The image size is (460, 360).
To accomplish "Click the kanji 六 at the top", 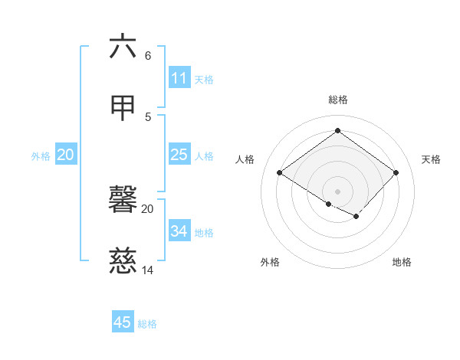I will (123, 47).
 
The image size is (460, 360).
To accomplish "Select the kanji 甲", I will (123, 108).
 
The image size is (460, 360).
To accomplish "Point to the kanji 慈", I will (123, 262).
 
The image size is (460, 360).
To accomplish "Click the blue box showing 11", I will (179, 78).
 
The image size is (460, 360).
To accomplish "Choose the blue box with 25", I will (179, 155).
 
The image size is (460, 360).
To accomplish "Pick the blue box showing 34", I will (179, 231).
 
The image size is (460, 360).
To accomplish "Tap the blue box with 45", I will (123, 322).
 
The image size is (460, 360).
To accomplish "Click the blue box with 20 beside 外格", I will (66, 155).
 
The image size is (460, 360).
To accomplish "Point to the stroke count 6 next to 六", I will (148, 56).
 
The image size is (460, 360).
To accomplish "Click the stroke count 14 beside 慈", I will (148, 270).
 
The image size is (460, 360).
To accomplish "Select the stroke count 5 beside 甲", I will (148, 116).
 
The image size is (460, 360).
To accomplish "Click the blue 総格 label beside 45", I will (147, 324).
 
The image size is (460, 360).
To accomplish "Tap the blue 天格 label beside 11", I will (204, 80).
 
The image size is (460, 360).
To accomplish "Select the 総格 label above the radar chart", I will (338, 100).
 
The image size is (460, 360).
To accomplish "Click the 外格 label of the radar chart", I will (270, 262).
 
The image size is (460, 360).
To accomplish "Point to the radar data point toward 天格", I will (396, 172).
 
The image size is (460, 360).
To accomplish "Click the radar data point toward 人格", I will (280, 172).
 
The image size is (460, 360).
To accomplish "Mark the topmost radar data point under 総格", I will (337, 131).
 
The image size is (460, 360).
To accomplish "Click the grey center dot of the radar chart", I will (337, 191).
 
